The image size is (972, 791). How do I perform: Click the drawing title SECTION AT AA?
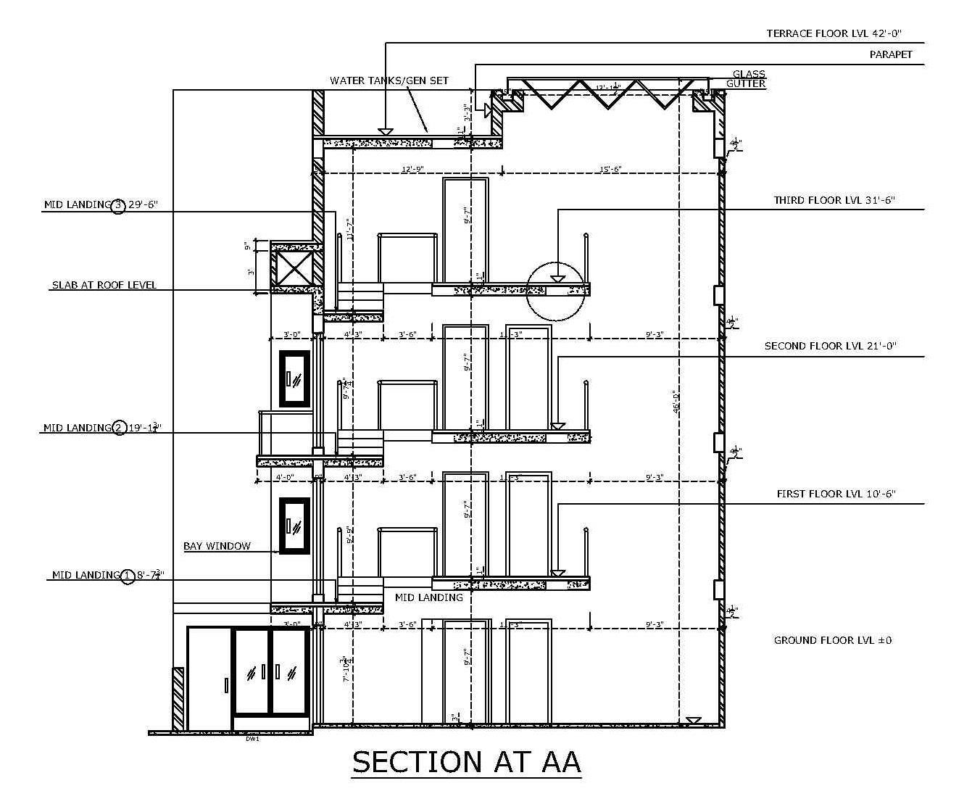pyautogui.click(x=466, y=762)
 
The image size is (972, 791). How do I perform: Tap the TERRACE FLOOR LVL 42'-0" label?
pyautogui.click(x=834, y=33)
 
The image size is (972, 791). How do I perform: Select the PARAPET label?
pyautogui.click(x=891, y=54)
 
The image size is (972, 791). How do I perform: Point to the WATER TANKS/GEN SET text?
pyautogui.click(x=389, y=80)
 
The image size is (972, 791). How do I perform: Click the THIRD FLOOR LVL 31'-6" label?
pyautogui.click(x=834, y=200)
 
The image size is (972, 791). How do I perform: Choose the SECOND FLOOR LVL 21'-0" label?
pyautogui.click(x=830, y=346)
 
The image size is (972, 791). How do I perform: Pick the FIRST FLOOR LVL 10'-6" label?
pyautogui.click(x=836, y=494)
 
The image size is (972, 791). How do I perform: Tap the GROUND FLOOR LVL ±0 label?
pyautogui.click(x=832, y=640)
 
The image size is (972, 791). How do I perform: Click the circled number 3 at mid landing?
pyautogui.click(x=119, y=205)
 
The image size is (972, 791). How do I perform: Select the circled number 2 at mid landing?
pyautogui.click(x=119, y=428)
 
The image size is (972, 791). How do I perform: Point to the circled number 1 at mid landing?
pyautogui.click(x=128, y=576)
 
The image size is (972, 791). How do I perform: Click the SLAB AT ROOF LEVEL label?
pyautogui.click(x=104, y=285)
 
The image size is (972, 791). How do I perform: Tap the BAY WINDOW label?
pyautogui.click(x=217, y=546)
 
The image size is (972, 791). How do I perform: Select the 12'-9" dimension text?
pyautogui.click(x=412, y=169)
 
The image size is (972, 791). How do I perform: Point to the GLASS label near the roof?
pyautogui.click(x=749, y=74)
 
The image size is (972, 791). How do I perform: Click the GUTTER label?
pyautogui.click(x=746, y=84)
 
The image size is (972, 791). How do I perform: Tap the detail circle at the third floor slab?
pyautogui.click(x=555, y=291)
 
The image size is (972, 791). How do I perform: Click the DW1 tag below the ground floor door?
pyautogui.click(x=252, y=738)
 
